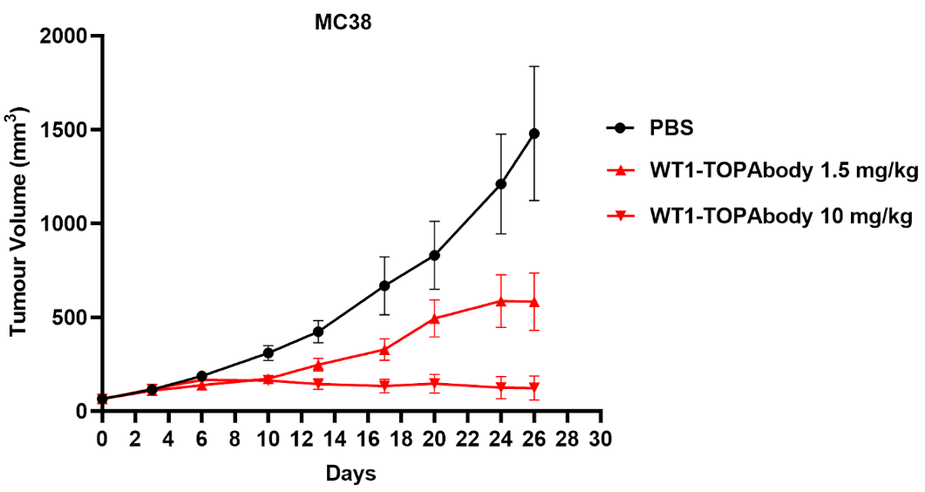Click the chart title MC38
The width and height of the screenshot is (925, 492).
(x=343, y=24)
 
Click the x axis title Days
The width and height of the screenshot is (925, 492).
(x=350, y=475)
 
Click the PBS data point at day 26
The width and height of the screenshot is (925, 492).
(x=534, y=133)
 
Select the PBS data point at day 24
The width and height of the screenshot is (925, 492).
(x=500, y=184)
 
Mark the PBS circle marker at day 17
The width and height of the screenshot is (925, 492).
(x=384, y=285)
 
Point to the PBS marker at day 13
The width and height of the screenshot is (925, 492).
(x=318, y=331)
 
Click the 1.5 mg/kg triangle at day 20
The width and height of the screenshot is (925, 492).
(x=434, y=318)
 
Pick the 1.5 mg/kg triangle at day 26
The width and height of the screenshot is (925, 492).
(x=534, y=302)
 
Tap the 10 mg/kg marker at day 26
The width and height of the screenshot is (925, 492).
(x=534, y=388)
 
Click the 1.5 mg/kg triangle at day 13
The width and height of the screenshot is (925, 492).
(x=318, y=365)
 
